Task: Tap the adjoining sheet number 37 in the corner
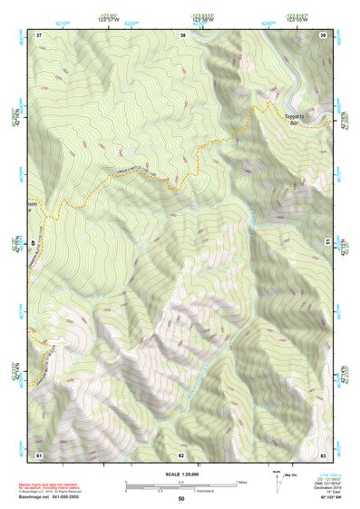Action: (39, 34)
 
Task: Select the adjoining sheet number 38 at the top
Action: (183, 34)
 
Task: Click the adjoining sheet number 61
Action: (39, 454)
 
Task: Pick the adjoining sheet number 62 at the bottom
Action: (181, 454)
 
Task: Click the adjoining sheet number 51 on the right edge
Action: (326, 243)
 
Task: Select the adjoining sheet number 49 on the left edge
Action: (35, 243)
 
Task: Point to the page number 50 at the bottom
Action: (181, 499)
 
